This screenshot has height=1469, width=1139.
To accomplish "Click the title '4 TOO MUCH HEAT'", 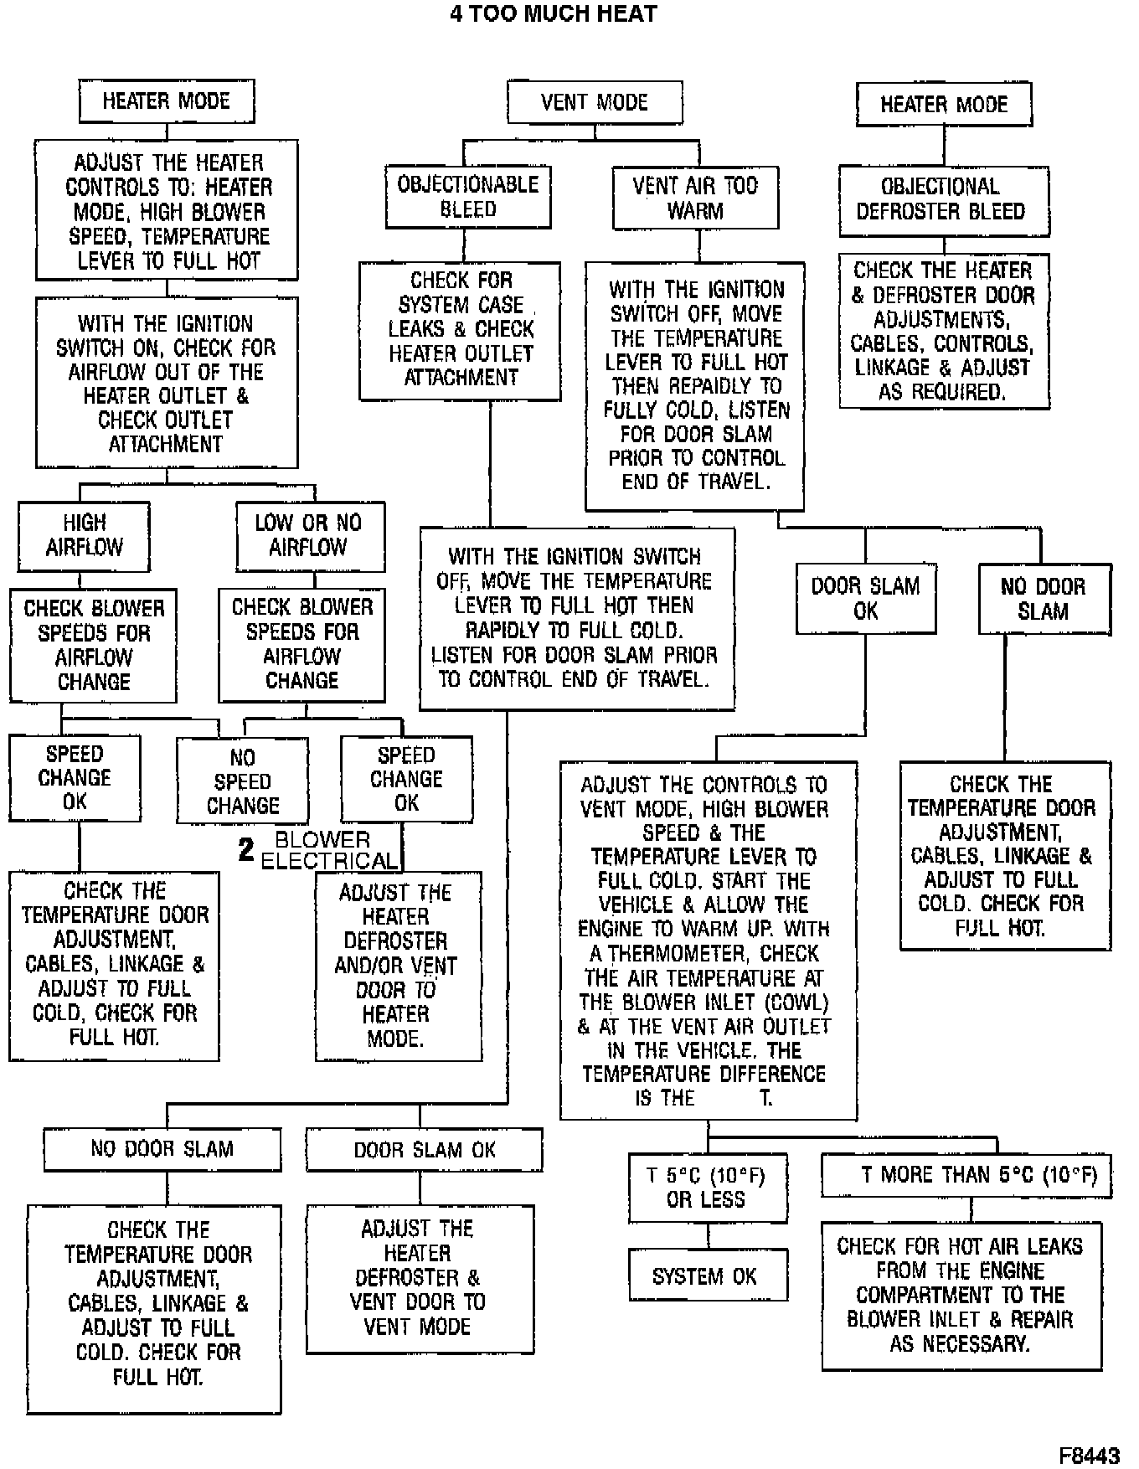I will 553,13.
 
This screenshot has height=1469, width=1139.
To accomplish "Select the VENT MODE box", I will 595,103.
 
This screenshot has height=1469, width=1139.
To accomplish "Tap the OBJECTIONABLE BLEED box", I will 467,197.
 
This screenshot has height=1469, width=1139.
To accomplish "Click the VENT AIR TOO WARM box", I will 695,198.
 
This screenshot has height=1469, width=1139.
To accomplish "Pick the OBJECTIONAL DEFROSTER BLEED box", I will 943,199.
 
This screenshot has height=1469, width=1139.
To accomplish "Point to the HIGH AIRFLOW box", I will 84,535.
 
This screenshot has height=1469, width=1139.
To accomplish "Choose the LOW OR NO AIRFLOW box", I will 308,535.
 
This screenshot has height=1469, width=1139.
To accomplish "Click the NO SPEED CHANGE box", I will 242,781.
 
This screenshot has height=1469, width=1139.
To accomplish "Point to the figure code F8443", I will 1089,1456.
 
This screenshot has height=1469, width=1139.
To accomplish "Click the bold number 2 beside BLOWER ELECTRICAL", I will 245,850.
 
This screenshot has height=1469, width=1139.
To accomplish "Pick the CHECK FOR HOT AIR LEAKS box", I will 961,1295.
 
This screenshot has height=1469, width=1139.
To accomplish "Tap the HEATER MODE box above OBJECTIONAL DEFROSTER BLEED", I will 943,105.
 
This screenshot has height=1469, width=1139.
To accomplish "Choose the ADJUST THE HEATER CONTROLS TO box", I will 167,211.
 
